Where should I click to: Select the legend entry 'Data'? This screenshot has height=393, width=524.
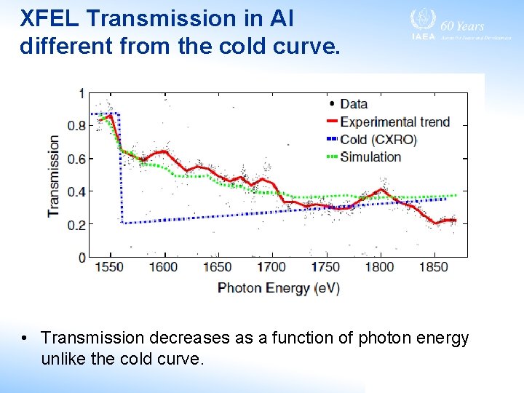pyautogui.click(x=353, y=104)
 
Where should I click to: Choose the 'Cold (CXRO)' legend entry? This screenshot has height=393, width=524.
pyautogui.click(x=378, y=139)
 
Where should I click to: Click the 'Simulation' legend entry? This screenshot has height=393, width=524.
pyautogui.click(x=370, y=156)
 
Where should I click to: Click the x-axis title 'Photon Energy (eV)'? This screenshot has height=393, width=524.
pyautogui.click(x=279, y=287)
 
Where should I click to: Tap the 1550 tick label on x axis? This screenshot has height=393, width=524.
pyautogui.click(x=110, y=267)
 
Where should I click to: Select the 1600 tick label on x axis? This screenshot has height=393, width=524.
pyautogui.click(x=164, y=267)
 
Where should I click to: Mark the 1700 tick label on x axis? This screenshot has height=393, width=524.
pyautogui.click(x=271, y=267)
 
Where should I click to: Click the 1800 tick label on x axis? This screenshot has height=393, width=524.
pyautogui.click(x=379, y=267)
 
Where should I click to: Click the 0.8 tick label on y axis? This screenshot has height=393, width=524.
pyautogui.click(x=76, y=126)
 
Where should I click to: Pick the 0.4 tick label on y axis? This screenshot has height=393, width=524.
pyautogui.click(x=76, y=191)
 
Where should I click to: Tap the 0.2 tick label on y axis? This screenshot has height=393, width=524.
pyautogui.click(x=76, y=225)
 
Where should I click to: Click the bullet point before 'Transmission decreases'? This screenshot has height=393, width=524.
pyautogui.click(x=25, y=338)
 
